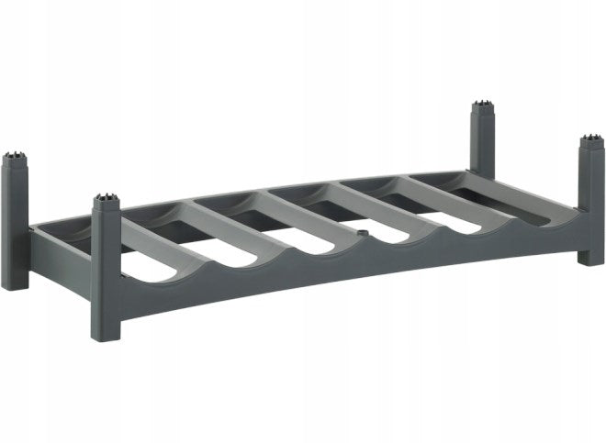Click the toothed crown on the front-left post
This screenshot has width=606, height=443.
click(107, 199)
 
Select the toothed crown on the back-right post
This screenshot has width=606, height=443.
click(483, 108)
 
